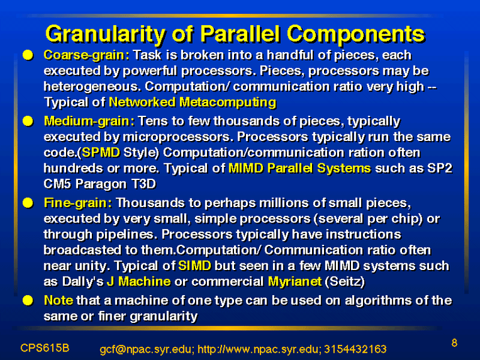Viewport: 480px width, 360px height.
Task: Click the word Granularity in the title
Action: coord(106,34)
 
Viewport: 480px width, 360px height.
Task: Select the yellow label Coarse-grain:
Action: coord(86,55)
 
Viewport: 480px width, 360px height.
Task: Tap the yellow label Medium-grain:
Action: coord(89,122)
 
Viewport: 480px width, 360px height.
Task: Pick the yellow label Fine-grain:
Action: coord(78,203)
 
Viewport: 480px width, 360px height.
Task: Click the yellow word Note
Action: coord(58,301)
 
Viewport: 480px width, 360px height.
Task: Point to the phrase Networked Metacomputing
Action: coord(193,102)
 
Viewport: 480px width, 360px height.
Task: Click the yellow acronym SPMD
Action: coord(101,152)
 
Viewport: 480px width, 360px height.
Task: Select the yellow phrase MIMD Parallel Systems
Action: coord(299,169)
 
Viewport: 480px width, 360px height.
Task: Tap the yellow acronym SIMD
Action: coord(194,266)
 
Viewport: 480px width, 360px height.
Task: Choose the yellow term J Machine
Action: coord(139,281)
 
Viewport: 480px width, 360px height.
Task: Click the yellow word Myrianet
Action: coord(295,281)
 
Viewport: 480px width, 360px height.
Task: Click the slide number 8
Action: coord(454,343)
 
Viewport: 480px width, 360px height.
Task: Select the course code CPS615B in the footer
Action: coord(44,348)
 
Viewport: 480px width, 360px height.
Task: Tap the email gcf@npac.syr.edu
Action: coord(147,349)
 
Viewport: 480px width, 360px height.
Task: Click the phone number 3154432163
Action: coord(355,349)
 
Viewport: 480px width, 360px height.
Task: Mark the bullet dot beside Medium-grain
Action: coord(28,122)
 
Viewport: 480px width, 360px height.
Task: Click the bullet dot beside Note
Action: coord(28,301)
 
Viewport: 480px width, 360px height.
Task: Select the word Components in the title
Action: coord(356,34)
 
